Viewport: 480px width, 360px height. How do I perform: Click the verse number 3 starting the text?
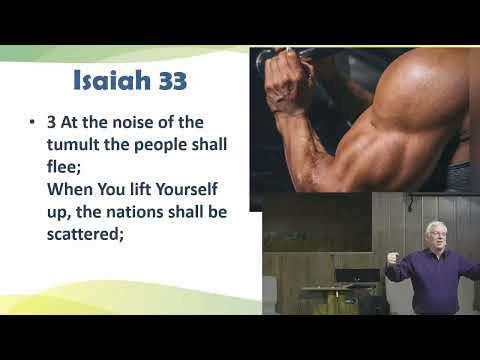coord(52,123)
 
